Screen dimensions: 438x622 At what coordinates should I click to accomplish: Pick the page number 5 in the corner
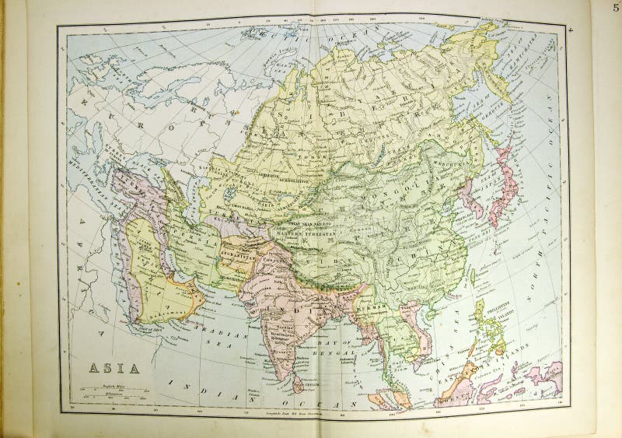pos(615,9)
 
